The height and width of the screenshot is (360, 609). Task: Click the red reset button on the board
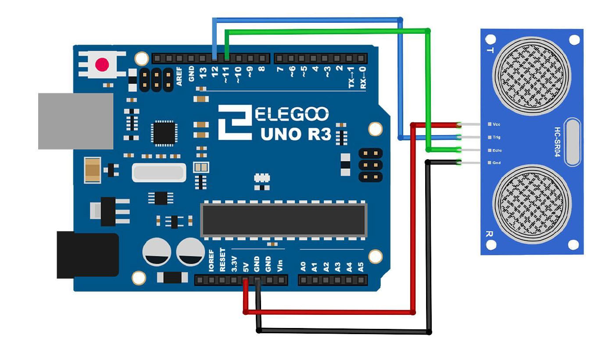click(x=102, y=65)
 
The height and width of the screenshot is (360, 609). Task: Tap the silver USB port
click(x=75, y=121)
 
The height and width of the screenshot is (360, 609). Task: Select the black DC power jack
click(x=87, y=255)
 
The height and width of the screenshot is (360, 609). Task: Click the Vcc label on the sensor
click(x=496, y=125)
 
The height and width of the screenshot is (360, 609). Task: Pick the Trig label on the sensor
click(x=496, y=137)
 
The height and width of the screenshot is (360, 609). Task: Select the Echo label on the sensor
click(x=497, y=150)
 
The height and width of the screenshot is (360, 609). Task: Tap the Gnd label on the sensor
click(x=496, y=163)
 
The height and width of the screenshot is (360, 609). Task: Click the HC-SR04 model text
click(x=557, y=143)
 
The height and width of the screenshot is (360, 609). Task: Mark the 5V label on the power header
click(x=246, y=266)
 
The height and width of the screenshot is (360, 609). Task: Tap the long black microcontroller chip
click(x=283, y=220)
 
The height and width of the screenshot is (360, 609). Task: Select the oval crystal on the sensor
click(x=573, y=142)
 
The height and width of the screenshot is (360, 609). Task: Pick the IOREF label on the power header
click(x=211, y=261)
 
